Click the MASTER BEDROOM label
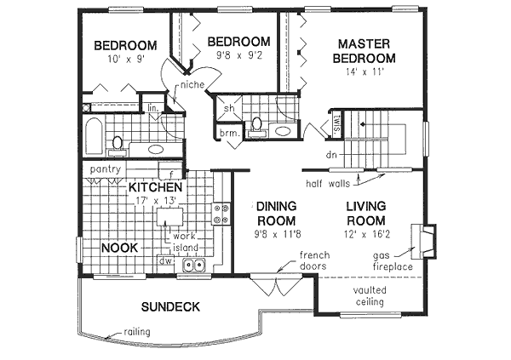(x=366, y=50)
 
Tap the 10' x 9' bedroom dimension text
(x=125, y=61)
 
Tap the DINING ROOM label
(x=276, y=212)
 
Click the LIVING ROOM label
(x=366, y=212)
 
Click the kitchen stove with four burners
(x=222, y=213)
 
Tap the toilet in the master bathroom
(x=255, y=125)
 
